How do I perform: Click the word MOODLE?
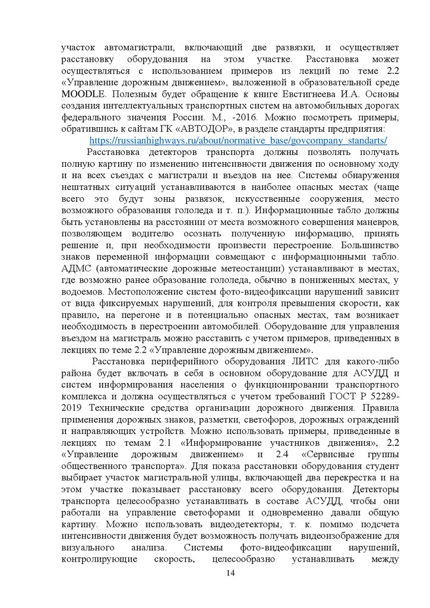coord(83,94)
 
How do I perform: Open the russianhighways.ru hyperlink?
coord(239,141)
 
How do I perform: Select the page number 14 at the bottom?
coord(231,573)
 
